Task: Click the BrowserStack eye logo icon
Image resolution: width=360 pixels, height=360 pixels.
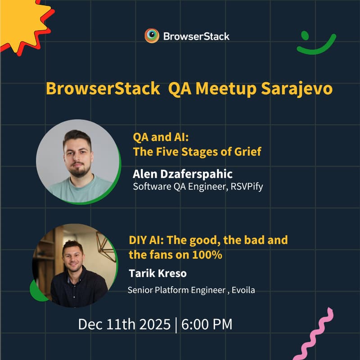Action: (x=152, y=36)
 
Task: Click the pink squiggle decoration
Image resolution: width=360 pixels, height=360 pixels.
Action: (x=318, y=333)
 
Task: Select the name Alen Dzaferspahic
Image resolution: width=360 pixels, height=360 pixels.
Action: (x=183, y=174)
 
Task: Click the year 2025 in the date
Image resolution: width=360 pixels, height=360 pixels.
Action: (x=151, y=324)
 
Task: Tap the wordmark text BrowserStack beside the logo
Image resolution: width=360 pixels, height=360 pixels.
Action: (x=197, y=36)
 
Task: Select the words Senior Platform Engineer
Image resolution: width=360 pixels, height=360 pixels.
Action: (x=176, y=290)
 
